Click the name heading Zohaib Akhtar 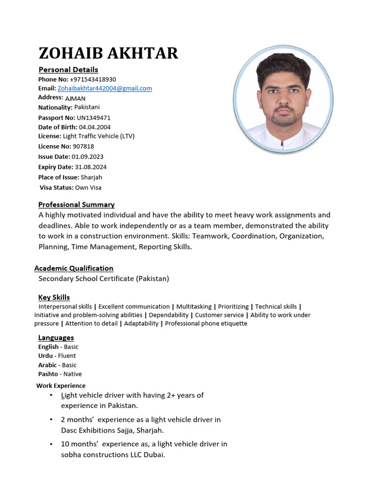108,53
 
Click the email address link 104,89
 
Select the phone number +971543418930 93,79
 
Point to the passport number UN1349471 94,118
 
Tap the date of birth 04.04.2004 94,127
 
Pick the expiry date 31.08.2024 91,167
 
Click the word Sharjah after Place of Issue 92,177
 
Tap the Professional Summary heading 76,204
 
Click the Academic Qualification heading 74,268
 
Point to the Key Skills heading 54,297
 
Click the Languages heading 56,338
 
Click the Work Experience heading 61,386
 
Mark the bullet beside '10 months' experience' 52,444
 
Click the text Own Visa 88,188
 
